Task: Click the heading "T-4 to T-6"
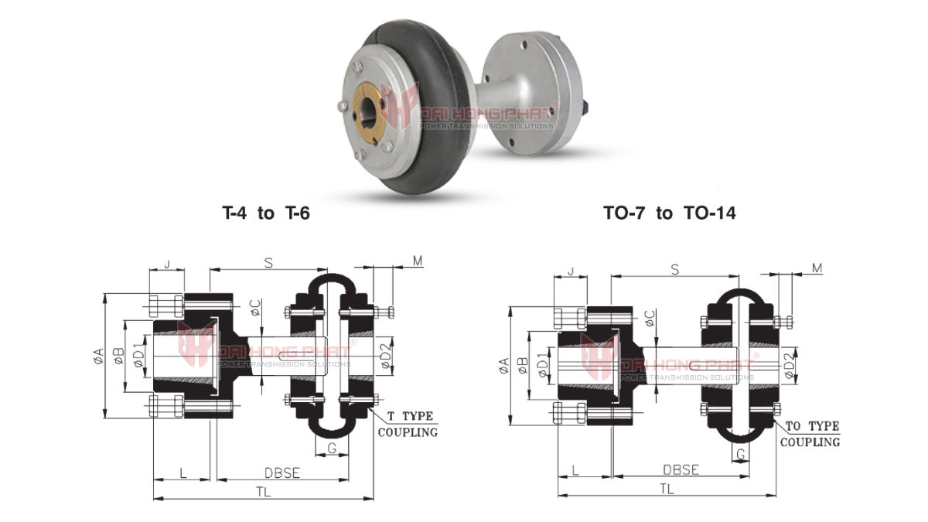click(x=265, y=213)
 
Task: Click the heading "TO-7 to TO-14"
click(x=670, y=213)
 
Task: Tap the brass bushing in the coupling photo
click(x=377, y=115)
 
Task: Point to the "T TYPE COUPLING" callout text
click(x=407, y=424)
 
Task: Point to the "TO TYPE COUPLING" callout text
click(x=810, y=434)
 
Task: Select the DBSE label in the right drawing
click(x=681, y=469)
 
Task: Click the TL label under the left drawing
click(x=263, y=492)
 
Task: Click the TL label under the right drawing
click(x=666, y=488)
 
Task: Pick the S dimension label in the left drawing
click(x=268, y=263)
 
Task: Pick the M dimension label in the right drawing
click(x=817, y=268)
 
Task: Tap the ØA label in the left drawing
click(x=97, y=355)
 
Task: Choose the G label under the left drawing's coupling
click(x=332, y=448)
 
